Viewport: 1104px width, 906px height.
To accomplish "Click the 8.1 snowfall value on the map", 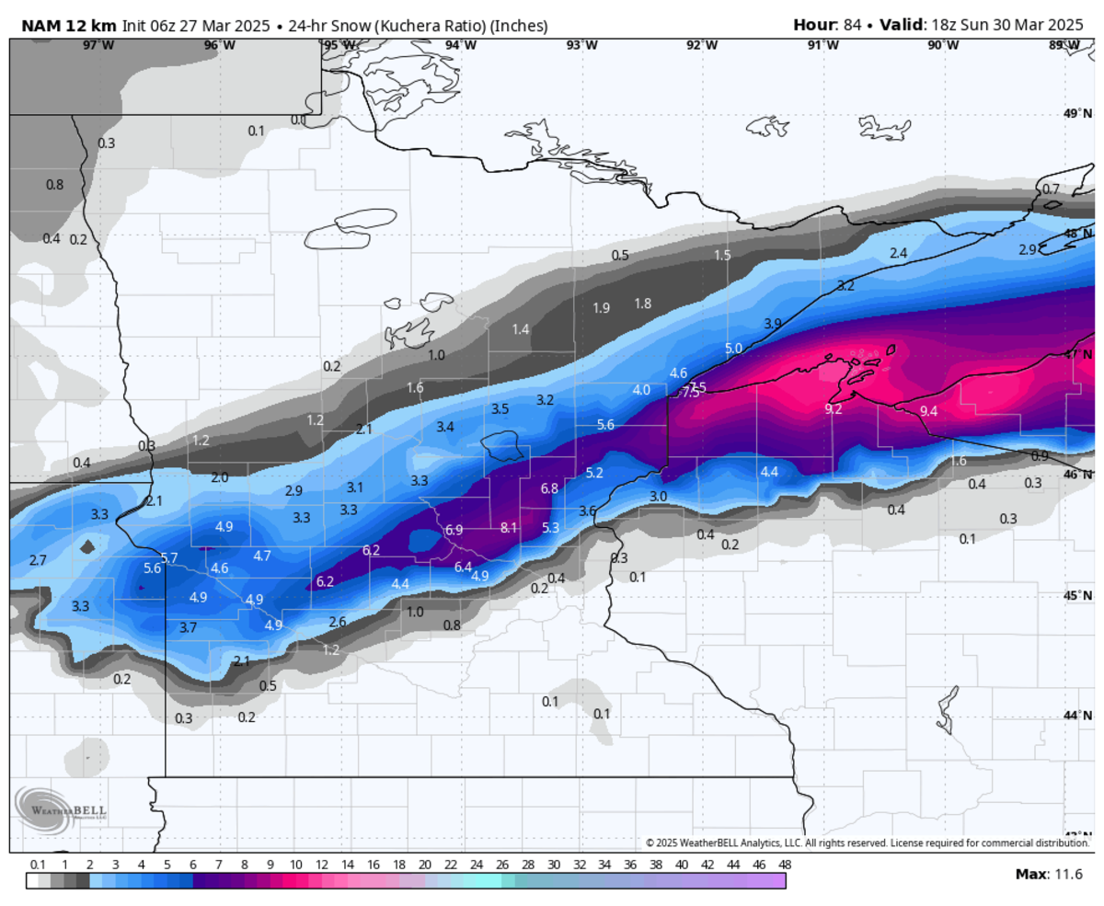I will pos(509,528).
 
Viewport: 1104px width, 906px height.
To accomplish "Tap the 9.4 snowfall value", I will pos(928,411).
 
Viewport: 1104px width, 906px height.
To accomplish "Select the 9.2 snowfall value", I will pos(833,409).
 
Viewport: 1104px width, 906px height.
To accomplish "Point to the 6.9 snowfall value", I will pos(454,531).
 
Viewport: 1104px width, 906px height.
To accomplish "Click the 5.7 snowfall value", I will pos(168,558).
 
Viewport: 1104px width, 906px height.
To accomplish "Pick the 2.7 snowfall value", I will pos(38,560).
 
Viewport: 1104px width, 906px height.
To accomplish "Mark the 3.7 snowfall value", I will pos(188,627).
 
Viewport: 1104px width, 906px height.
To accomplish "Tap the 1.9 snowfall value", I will pos(601,308).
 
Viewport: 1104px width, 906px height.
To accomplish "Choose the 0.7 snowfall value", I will pos(1051,189).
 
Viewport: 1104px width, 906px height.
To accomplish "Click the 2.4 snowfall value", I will pos(898,253).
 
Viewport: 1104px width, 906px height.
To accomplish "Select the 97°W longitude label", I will pos(98,45).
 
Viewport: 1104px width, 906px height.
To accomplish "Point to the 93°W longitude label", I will pos(581,45).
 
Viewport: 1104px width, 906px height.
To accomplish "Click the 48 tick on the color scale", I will pos(783,865).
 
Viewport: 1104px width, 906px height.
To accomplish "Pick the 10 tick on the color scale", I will pos(296,865).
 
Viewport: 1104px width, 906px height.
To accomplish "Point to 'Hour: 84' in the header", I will pos(828,25).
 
